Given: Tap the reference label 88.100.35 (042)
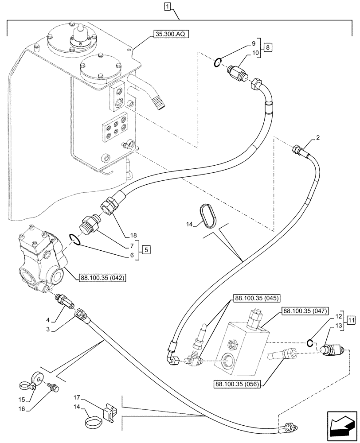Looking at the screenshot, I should (x=103, y=278).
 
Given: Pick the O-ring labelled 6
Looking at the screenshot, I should (x=75, y=240).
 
